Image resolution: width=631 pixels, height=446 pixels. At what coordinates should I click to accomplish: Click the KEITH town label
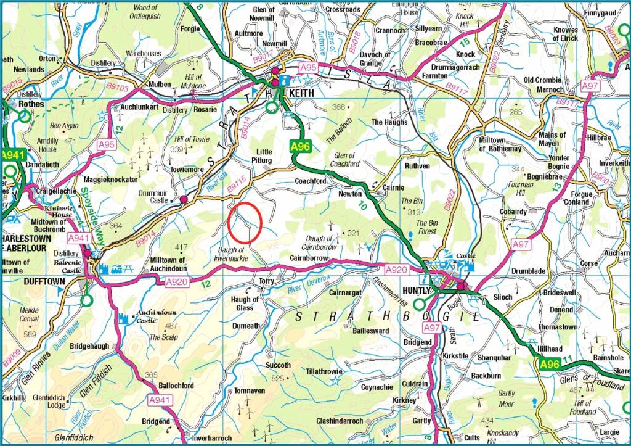tap(299, 93)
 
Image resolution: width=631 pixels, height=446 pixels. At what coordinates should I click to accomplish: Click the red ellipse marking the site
tap(245, 222)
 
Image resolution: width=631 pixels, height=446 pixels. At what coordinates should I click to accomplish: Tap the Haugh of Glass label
tap(245, 303)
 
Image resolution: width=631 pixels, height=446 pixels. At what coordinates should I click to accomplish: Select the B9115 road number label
tap(237, 180)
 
